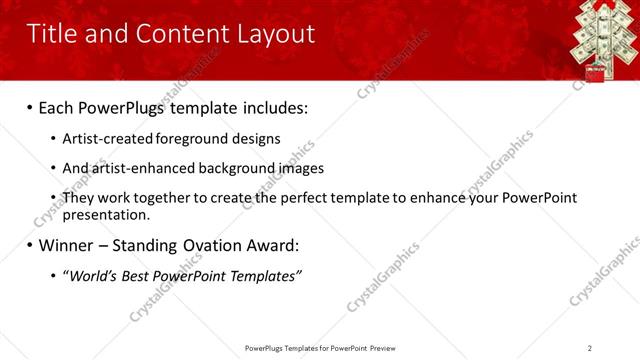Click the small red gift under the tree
click(x=597, y=72)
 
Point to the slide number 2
click(x=590, y=348)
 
